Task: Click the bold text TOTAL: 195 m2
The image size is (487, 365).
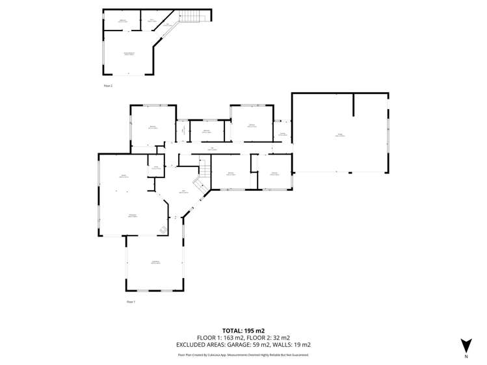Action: pyautogui.click(x=243, y=331)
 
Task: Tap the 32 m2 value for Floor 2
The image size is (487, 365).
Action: pyautogui.click(x=282, y=338)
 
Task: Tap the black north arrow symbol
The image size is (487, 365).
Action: pyautogui.click(x=466, y=344)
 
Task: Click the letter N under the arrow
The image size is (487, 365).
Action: pyautogui.click(x=466, y=357)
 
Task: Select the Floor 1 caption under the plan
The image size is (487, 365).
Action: pyautogui.click(x=130, y=302)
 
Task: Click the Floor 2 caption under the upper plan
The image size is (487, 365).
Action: pyautogui.click(x=108, y=85)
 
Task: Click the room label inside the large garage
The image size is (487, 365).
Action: pyautogui.click(x=339, y=134)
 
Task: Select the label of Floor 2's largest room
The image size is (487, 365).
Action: pyautogui.click(x=129, y=53)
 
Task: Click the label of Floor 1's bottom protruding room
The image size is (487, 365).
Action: pyautogui.click(x=155, y=262)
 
